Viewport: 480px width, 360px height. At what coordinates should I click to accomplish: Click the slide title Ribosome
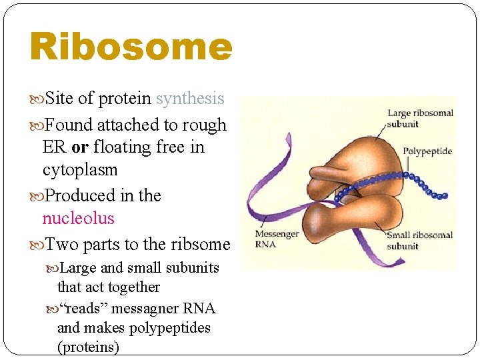(x=131, y=47)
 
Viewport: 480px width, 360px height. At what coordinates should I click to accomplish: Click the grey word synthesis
(x=190, y=99)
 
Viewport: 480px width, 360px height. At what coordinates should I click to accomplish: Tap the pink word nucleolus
(x=78, y=218)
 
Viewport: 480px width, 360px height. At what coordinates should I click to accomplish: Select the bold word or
(x=80, y=147)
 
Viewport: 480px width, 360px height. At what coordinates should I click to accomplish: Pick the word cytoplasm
(x=80, y=169)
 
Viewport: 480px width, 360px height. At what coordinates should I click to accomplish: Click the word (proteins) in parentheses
(x=89, y=347)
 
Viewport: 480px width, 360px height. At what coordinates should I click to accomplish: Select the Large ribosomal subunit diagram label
(x=420, y=118)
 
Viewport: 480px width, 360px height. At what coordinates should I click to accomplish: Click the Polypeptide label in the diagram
(x=427, y=151)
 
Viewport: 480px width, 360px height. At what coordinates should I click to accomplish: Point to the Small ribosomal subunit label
(x=420, y=240)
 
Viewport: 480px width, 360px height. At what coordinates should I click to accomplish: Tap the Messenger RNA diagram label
(x=276, y=238)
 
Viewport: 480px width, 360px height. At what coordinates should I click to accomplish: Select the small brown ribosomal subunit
(x=333, y=223)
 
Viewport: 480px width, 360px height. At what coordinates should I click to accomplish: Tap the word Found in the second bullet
(x=69, y=125)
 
